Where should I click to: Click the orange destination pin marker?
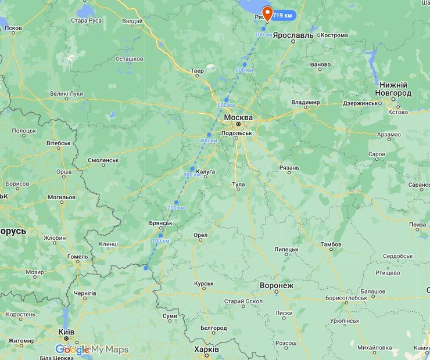coord(268,12)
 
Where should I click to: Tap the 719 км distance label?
coord(283,15)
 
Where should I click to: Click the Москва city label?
coord(239,117)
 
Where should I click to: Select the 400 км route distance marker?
coord(209,141)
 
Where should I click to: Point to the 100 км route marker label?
coord(160,241)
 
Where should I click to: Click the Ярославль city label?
coord(293,35)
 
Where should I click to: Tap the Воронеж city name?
coord(277,286)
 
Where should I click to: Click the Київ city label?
coord(66,332)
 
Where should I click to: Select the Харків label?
coord(206,350)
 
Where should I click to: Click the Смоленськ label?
coord(103,160)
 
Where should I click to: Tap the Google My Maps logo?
coord(92,349)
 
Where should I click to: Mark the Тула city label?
coord(238,185)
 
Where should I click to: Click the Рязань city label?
coord(289,168)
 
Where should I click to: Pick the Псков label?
coord(13,28)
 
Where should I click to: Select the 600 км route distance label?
coord(244,70)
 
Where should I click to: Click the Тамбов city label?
coord(331,244)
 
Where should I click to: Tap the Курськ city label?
coord(204,284)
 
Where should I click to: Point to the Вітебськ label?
coord(58,143)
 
